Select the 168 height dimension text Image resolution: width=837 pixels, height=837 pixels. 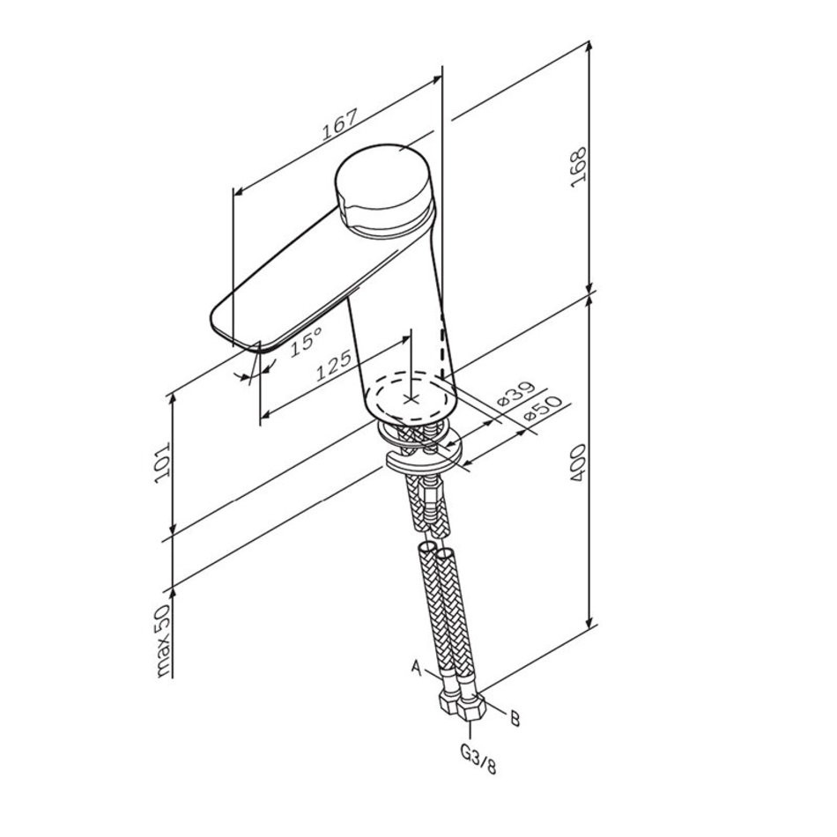point(579,167)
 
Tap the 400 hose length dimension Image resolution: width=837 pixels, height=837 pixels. point(579,463)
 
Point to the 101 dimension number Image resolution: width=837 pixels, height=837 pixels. point(162,463)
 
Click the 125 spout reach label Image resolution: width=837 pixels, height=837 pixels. point(334,365)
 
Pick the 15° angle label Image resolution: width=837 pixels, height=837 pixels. point(307,342)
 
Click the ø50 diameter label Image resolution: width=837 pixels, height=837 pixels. point(544,410)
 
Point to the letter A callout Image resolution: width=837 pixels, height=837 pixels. point(417,666)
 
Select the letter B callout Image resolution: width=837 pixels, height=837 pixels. point(515,718)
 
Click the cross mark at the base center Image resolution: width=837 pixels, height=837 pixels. point(411,399)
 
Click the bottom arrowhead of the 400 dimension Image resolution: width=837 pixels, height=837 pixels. point(589,621)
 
